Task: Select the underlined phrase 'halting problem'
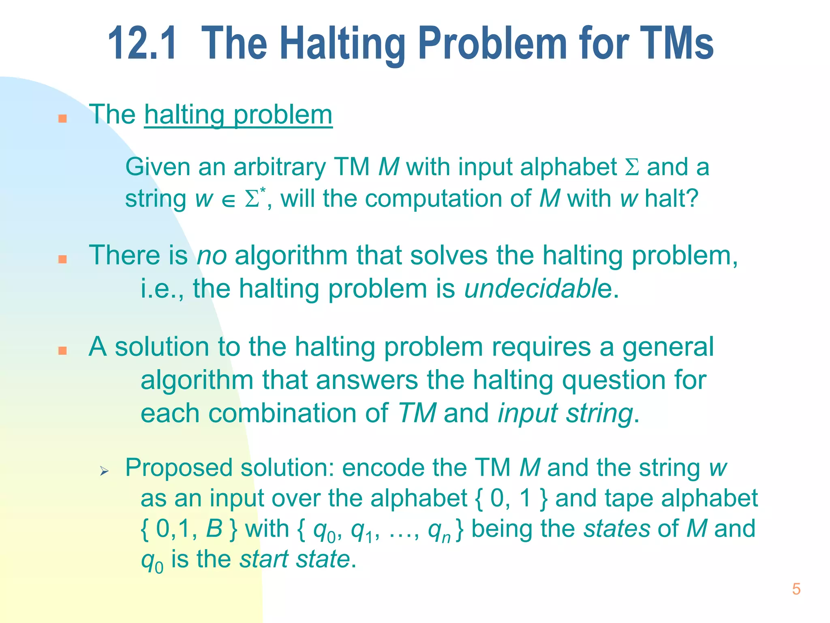pyautogui.click(x=238, y=115)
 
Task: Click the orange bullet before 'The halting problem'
pyautogui.click(x=62, y=118)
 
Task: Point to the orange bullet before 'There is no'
pyautogui.click(x=62, y=259)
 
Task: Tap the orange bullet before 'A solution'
pyautogui.click(x=62, y=350)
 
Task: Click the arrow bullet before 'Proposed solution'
pyautogui.click(x=104, y=471)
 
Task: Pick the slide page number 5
pyautogui.click(x=796, y=589)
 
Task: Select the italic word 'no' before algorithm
pyautogui.click(x=212, y=256)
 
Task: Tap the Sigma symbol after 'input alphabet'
pyautogui.click(x=632, y=167)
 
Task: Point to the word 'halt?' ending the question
pyautogui.click(x=672, y=198)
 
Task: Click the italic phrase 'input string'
pyautogui.click(x=565, y=414)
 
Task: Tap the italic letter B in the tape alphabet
pyautogui.click(x=214, y=529)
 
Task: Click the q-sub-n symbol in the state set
pyautogui.click(x=440, y=531)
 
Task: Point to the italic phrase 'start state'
pyautogui.click(x=295, y=559)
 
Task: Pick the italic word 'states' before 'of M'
pyautogui.click(x=617, y=529)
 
